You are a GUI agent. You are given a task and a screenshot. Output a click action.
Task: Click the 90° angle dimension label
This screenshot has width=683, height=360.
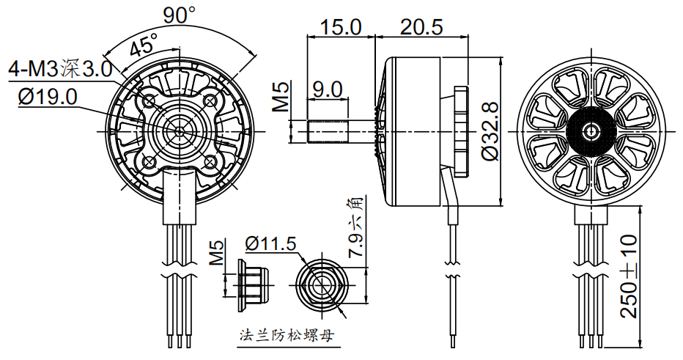(180, 14)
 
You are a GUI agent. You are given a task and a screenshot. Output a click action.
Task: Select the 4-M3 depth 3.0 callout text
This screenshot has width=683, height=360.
(59, 70)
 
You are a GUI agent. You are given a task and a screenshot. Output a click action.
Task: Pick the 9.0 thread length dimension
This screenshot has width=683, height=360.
(327, 89)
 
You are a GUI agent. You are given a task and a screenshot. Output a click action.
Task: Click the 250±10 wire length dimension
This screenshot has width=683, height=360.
(629, 276)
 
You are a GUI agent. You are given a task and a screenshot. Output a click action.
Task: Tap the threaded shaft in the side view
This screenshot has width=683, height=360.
(326, 132)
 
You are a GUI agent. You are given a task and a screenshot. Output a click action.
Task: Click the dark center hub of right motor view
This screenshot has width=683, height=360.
(591, 132)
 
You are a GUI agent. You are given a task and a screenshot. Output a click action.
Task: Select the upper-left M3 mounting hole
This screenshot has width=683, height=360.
(149, 99)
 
